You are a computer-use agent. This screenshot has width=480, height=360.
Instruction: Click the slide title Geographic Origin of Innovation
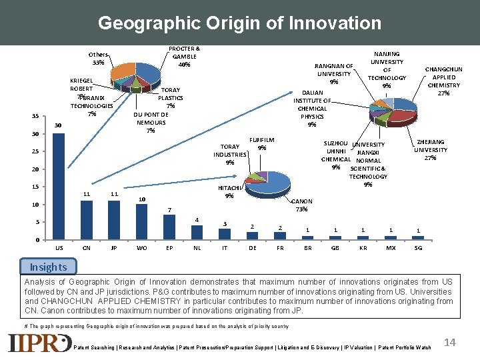coord(239,23)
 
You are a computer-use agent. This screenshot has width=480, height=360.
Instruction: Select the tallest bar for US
coord(59,186)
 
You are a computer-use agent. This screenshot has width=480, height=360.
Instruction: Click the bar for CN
coord(87,220)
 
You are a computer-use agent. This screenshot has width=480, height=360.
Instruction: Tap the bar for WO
coord(141,222)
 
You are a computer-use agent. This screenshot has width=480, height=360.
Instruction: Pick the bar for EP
coord(169,227)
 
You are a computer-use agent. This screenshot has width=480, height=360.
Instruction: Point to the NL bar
coord(197,233)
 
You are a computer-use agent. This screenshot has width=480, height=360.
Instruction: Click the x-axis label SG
coord(418,247)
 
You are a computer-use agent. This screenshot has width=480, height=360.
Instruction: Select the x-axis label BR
coord(307,247)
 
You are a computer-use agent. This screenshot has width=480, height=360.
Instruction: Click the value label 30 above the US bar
coord(58,125)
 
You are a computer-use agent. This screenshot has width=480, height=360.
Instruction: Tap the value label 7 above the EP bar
coord(169,210)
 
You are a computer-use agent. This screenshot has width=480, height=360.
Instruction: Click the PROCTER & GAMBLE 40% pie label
coord(183,57)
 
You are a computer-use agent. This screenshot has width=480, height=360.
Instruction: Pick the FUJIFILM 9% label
coord(262,143)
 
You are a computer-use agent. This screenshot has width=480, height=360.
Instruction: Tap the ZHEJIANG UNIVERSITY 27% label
coord(430,150)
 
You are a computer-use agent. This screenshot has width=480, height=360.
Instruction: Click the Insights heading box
coord(48,267)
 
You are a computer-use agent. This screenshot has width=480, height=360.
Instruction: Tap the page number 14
coord(450,342)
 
